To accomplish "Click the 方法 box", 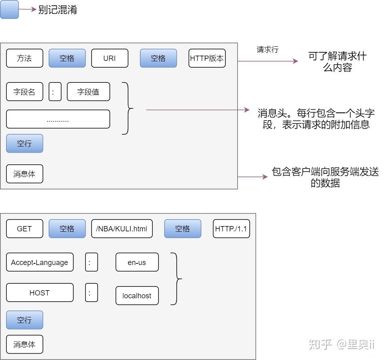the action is (x=24, y=58).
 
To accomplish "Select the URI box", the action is (x=110, y=58).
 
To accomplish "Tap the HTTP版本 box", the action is (x=207, y=58).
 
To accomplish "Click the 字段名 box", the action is (x=24, y=92).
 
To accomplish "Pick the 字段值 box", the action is (x=88, y=92).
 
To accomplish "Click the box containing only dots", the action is (x=58, y=119).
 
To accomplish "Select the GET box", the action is (x=24, y=229).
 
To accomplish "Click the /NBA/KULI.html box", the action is (x=122, y=229).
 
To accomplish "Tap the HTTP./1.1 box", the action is (x=232, y=229).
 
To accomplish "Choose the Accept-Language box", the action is (x=40, y=262).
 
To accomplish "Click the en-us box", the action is (x=137, y=262).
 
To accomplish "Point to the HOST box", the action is (x=40, y=293).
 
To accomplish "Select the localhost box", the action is (x=137, y=295).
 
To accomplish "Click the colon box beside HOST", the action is (x=92, y=293).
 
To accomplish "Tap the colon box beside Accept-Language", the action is (x=92, y=262).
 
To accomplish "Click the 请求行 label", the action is (x=268, y=50).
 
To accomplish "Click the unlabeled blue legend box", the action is (x=9, y=9).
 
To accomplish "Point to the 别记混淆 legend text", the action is (x=58, y=10).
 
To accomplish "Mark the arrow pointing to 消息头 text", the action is (x=198, y=110).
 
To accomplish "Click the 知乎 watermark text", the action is (x=320, y=344).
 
